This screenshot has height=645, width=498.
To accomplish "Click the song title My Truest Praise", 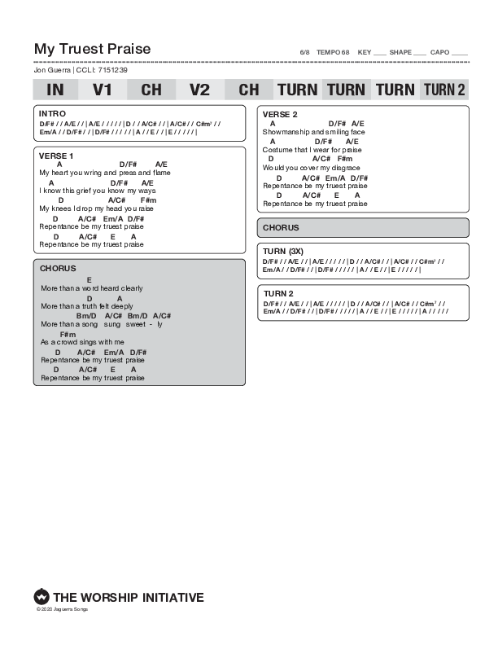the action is click(92, 49).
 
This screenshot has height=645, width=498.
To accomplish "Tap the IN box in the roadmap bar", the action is click(55, 90).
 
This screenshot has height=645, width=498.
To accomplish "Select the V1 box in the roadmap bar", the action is click(103, 90).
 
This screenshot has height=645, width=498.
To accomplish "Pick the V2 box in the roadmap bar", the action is click(199, 90).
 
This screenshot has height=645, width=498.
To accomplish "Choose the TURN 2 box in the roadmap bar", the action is click(444, 90).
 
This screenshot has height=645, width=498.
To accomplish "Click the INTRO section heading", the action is click(52, 114).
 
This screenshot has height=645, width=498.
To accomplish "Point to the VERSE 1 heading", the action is click(56, 156).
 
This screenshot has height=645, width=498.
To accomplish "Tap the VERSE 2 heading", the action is click(280, 114).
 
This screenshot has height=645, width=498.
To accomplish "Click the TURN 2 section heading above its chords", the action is click(277, 293).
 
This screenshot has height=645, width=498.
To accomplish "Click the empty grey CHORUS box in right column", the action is click(363, 228).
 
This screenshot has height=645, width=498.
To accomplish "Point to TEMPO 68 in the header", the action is click(333, 52).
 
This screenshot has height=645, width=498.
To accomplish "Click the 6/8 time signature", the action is click(305, 52).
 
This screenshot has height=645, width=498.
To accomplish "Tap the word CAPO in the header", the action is click(439, 52).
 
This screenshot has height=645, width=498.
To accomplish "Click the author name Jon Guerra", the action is click(52, 70).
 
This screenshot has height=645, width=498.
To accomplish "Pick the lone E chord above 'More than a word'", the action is click(89, 279).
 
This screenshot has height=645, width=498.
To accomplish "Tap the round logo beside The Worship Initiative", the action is click(41, 597).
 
